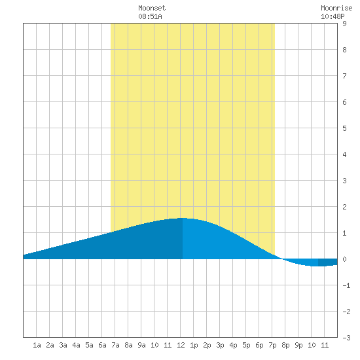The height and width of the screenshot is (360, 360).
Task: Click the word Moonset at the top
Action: pos(152,8)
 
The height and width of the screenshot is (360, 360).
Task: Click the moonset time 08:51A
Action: pos(150,16)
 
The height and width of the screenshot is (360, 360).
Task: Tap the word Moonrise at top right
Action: pos(336,8)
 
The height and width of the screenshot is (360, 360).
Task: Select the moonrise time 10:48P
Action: pos(333,16)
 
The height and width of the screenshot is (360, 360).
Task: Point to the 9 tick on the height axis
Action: pos(344,24)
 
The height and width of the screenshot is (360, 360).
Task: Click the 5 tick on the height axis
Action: pos(344,128)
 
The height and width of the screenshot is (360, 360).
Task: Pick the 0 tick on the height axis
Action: pos(344,259)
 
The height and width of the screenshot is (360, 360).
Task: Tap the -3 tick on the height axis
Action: pos(346,338)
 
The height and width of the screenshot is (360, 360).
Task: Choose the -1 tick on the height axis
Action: pos(346,285)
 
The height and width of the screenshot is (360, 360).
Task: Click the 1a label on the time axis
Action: pos(37,345)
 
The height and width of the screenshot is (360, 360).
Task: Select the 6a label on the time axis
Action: pos(102,345)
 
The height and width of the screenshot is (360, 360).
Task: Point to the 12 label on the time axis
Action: pos(181,345)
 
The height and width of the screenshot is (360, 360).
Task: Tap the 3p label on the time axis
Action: pos(220,345)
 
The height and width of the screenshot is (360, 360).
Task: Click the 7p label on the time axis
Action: pos(272,345)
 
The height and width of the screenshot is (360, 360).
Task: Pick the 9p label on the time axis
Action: pos(298,345)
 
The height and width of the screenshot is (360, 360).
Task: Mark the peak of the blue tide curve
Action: pos(183,218)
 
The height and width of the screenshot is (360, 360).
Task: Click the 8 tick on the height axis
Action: pos(344,50)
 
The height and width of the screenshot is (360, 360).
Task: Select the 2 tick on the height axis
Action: pos(344,207)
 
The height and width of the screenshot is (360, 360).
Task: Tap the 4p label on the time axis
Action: pos(233,345)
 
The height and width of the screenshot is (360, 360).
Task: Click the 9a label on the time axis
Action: pos(141,345)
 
